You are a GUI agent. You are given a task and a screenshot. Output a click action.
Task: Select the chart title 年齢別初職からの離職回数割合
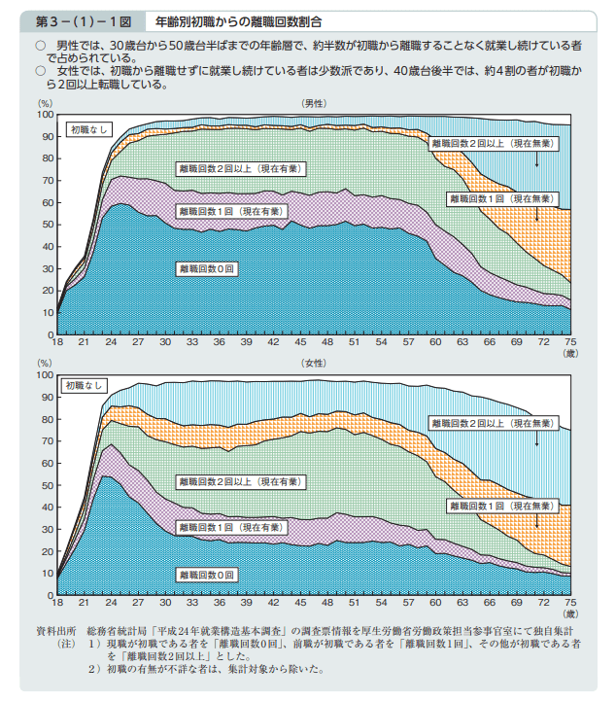point(239,19)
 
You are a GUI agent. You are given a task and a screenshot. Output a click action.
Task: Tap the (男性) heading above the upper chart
point(313,102)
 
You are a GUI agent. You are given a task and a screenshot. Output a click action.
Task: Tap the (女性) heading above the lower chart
point(313,362)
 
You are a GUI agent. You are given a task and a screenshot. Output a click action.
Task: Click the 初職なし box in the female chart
point(85,386)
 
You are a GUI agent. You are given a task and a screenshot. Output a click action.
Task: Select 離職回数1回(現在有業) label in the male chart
point(229,211)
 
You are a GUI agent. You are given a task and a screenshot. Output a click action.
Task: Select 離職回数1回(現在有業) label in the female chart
point(229,526)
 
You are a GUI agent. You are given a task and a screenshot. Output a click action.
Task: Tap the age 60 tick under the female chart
point(435,603)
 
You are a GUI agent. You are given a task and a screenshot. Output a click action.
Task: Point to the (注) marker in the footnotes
point(65,644)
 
